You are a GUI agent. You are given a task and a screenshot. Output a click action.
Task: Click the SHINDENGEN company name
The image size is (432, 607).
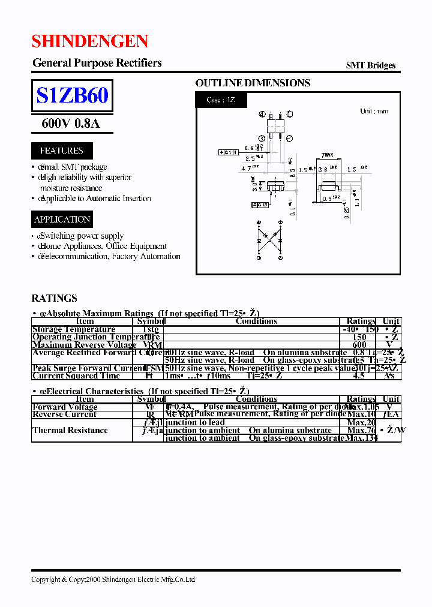tap(90, 41)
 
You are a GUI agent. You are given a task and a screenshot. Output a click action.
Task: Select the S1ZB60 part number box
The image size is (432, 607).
tap(72, 96)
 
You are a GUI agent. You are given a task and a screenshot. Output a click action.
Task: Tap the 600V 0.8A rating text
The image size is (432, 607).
tap(71, 124)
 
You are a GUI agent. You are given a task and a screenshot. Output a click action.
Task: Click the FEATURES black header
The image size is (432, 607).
tap(61, 151)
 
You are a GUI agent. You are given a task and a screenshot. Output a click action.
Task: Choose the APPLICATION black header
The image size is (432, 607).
tap(62, 220)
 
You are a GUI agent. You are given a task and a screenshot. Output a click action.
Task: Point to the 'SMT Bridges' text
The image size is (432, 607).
tap(370, 65)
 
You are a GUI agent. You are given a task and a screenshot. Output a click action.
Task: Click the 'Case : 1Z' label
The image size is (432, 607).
tap(221, 100)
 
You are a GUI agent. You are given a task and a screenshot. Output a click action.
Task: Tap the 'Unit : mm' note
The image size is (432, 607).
tap(374, 112)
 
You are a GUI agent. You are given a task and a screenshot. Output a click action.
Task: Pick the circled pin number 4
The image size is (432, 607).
tap(262, 114)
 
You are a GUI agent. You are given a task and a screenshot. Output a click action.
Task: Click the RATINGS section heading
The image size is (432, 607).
tap(54, 298)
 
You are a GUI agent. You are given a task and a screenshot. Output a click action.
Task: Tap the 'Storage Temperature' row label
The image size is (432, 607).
tap(73, 329)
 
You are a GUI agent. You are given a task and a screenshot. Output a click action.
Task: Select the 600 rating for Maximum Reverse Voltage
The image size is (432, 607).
tap(359, 345)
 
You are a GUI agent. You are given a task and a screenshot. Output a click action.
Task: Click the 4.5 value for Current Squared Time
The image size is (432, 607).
tap(359, 376)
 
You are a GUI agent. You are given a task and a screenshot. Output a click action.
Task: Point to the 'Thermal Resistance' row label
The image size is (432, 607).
tap(70, 430)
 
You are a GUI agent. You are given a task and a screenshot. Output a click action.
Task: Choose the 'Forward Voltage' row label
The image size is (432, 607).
tap(65, 407)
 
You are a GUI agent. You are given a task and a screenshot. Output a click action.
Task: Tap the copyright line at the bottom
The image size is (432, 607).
tap(113, 579)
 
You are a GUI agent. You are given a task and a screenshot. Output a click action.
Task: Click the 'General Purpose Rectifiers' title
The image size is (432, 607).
tap(97, 63)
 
